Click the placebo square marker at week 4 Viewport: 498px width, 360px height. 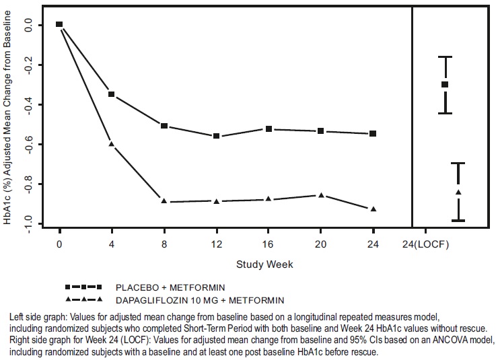click(111, 94)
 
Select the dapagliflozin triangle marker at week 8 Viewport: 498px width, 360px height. click(164, 201)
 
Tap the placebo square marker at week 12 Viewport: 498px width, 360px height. click(216, 136)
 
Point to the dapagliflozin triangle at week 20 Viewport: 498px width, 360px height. click(321, 195)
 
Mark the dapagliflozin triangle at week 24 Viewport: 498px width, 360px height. click(373, 209)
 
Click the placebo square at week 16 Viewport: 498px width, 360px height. click(269, 129)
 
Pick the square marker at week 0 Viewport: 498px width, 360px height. click(59, 24)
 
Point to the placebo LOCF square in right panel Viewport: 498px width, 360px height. click(445, 84)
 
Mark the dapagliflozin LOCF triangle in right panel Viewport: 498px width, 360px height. click(458, 192)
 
